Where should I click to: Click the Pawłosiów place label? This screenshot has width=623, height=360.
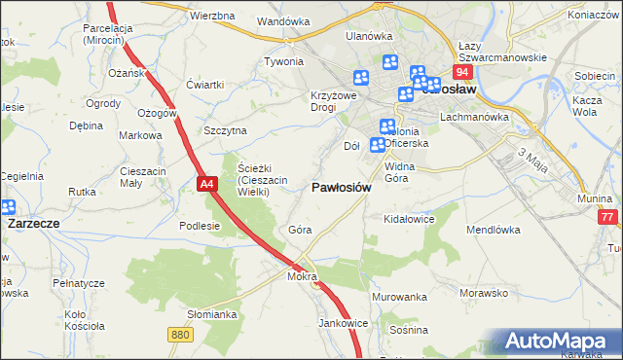(x=340, y=188)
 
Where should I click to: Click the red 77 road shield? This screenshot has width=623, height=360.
(x=609, y=218)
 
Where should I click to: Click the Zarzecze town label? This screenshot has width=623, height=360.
(x=34, y=222)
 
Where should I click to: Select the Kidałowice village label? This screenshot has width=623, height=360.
(x=409, y=220)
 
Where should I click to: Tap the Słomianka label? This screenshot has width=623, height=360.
(x=212, y=314)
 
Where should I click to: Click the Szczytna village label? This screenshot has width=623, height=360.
(x=225, y=130)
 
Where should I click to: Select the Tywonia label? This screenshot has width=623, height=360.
(x=284, y=61)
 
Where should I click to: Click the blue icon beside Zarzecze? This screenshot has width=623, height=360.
(x=7, y=206)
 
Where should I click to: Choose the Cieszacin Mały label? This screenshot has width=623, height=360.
(x=144, y=178)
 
